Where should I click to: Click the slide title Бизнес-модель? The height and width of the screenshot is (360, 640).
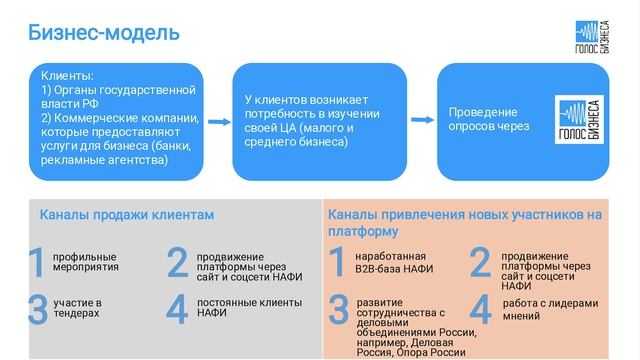click(x=104, y=33)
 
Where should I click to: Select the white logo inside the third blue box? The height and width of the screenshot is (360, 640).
click(x=577, y=124)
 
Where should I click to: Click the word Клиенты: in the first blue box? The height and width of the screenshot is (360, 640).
click(x=68, y=76)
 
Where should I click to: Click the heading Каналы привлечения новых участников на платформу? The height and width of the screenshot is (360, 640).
click(x=464, y=222)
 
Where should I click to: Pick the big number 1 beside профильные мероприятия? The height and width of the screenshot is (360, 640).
click(x=37, y=262)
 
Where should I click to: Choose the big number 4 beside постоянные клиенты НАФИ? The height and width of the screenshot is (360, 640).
click(x=177, y=310)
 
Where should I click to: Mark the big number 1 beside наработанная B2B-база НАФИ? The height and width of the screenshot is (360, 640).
click(x=337, y=262)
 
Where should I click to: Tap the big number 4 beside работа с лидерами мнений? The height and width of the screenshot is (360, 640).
click(x=480, y=310)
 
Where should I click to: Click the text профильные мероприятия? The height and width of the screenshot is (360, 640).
click(x=85, y=262)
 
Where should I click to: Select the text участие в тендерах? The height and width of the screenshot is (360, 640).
click(x=77, y=308)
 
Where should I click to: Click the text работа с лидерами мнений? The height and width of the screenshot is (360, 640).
click(x=550, y=309)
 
